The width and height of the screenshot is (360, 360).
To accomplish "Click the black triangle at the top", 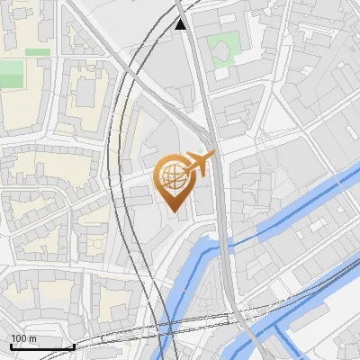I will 181,24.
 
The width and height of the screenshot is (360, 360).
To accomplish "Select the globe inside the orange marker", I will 175,177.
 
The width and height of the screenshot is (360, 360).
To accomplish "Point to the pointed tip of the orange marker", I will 175,212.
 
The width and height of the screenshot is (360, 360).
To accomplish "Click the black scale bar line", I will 41,346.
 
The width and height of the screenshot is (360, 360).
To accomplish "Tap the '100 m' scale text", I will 22,338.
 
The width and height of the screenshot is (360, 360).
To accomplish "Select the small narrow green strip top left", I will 37,52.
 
